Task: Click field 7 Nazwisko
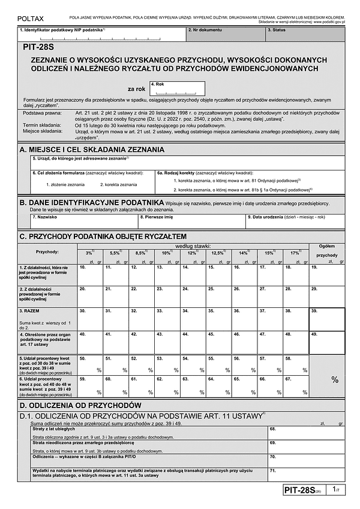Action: [83, 221]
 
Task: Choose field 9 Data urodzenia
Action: [295, 221]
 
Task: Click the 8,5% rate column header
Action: [140, 252]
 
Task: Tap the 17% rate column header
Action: [296, 252]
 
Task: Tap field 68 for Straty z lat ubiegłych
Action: [306, 433]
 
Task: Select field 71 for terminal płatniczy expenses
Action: [306, 474]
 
